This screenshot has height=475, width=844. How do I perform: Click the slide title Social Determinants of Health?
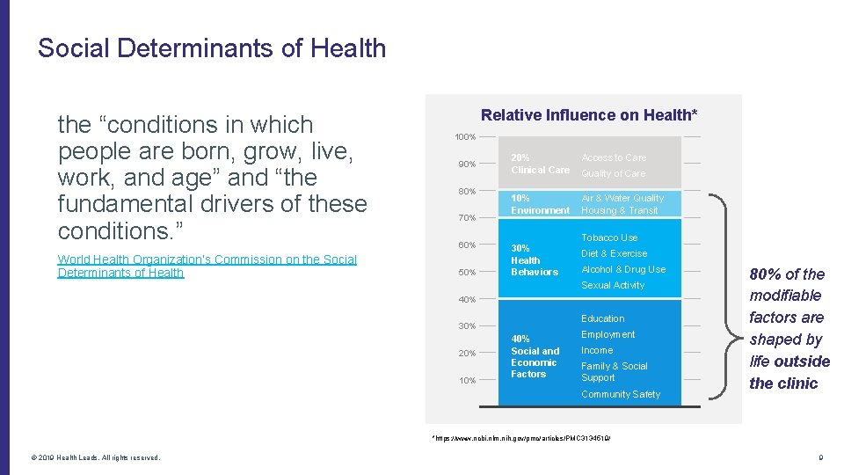212,47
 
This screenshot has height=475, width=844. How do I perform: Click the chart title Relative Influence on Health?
589,115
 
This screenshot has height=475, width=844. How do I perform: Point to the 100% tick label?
465,137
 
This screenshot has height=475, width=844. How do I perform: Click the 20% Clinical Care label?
539,164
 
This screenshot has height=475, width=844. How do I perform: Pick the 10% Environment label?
539,204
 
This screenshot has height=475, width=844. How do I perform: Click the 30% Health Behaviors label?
534,260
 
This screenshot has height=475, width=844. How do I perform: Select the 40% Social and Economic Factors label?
535,356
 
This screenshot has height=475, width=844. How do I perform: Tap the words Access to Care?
614,157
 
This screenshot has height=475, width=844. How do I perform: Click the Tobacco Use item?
609,237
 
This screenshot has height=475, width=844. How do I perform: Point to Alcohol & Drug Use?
623,269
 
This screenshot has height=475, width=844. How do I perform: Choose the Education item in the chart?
602,318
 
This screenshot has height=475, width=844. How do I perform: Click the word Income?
597,350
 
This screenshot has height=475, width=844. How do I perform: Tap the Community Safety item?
620,394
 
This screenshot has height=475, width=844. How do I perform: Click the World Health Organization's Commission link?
207,266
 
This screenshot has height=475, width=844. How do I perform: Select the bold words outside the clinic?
789,372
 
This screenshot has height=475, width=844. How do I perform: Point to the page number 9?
819,457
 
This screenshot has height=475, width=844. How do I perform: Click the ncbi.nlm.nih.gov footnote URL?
520,437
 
